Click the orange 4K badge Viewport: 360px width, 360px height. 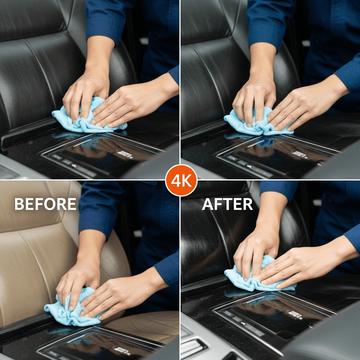181,180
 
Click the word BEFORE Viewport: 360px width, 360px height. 45,204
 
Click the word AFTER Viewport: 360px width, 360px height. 227,204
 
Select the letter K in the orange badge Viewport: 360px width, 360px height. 187,181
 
